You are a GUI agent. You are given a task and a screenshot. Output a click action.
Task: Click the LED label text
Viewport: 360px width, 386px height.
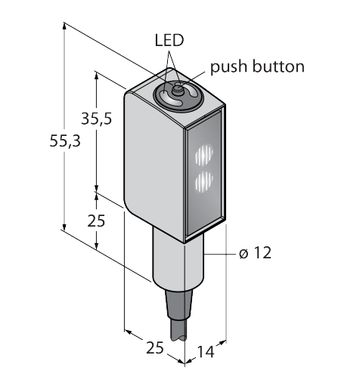[169, 40]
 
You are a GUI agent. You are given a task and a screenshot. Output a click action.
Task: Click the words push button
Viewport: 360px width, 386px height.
[257, 66]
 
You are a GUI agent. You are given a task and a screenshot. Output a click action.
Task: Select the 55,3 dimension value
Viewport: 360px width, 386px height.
[65, 141]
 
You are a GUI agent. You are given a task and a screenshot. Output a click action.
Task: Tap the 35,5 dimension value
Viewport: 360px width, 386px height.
[96, 119]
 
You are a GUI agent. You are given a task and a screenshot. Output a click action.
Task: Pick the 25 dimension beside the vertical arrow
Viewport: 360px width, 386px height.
[96, 221]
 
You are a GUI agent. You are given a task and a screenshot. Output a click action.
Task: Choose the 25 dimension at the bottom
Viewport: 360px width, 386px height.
[155, 348]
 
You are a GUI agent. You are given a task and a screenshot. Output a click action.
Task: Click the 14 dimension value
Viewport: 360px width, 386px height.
[206, 352]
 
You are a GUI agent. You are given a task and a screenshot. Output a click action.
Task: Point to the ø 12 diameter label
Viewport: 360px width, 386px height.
[255, 253]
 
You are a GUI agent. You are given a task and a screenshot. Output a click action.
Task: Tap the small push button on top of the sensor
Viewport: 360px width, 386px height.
[178, 88]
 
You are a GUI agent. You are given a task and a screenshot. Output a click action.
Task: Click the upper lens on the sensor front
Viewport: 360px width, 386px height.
[204, 154]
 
